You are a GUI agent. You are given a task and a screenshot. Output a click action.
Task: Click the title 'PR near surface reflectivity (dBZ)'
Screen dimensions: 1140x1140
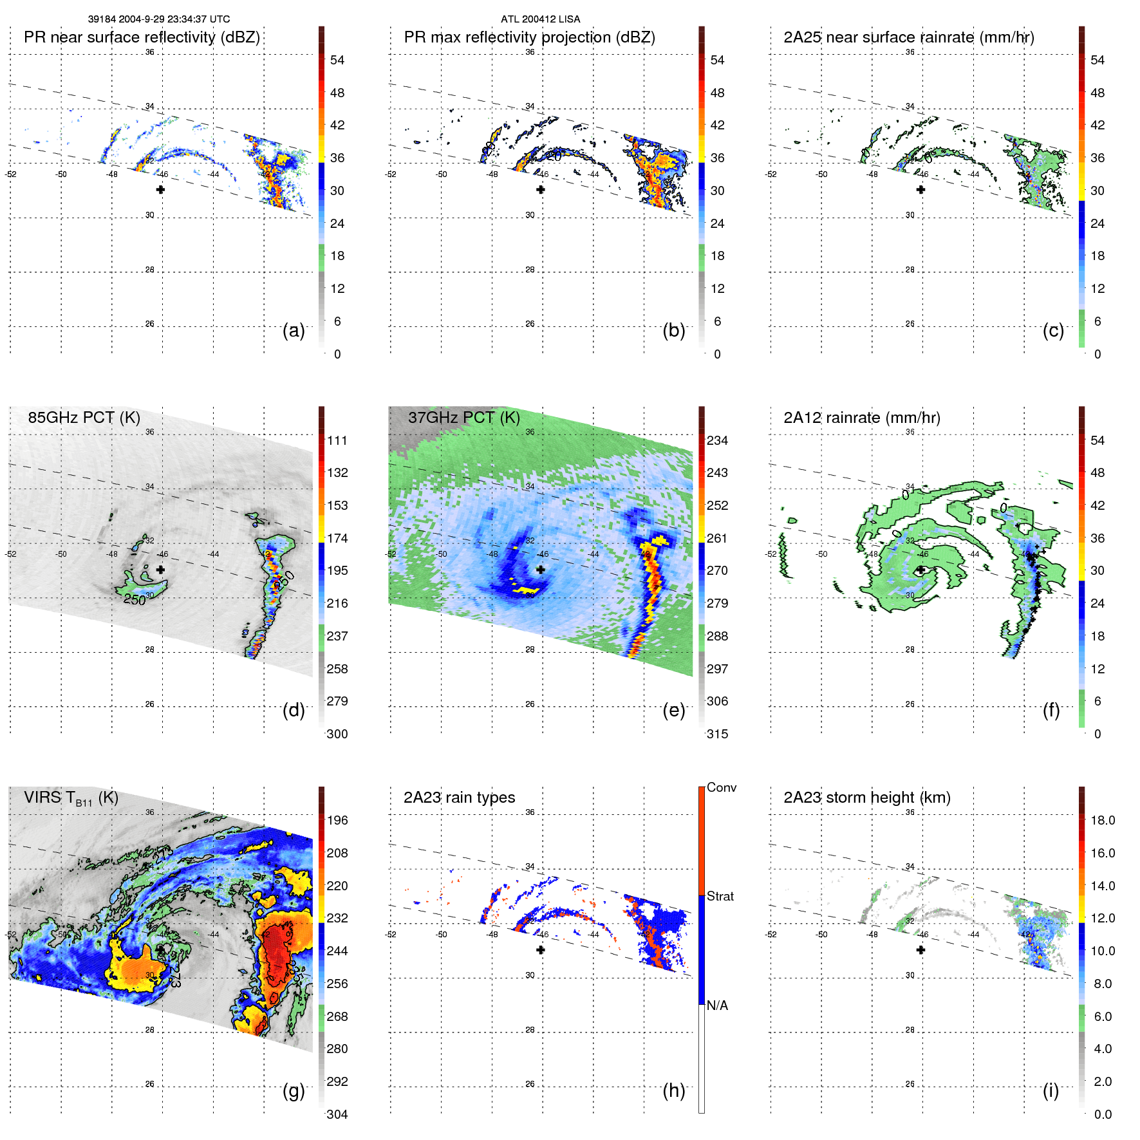[x=142, y=37]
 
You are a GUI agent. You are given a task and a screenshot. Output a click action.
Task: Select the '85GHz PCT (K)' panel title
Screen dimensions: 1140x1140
[x=84, y=418]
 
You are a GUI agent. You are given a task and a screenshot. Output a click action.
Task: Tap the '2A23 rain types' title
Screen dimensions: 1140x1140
[x=459, y=798]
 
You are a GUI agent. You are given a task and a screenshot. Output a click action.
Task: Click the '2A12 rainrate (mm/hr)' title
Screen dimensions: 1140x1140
[x=861, y=418]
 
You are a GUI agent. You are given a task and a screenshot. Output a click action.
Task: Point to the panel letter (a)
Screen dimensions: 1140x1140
[x=294, y=330]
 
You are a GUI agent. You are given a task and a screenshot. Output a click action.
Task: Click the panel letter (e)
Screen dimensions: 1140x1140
[x=673, y=710]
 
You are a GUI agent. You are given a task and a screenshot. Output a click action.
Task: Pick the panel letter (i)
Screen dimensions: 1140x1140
[x=1051, y=1090]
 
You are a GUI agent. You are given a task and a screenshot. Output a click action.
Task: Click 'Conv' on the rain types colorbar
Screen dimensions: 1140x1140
[x=721, y=787]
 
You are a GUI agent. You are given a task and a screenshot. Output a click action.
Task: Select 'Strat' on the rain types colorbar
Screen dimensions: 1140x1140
[x=720, y=896]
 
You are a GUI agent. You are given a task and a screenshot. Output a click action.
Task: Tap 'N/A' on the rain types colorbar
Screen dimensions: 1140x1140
[x=717, y=1005]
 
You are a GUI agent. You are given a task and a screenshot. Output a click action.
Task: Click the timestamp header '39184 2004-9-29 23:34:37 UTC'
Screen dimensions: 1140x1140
[x=159, y=19]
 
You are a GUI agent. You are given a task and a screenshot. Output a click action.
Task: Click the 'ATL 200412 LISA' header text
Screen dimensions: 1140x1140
[x=540, y=19]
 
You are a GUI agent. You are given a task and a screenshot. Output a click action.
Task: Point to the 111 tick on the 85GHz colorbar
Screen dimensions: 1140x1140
[x=337, y=440]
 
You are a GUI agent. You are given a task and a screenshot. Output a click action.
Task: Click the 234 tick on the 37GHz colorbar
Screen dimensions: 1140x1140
[x=717, y=440]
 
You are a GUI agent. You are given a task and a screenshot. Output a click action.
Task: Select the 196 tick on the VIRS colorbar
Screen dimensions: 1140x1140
[x=337, y=820]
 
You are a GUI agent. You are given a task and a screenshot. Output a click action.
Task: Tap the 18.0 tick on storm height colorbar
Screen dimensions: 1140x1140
[x=1102, y=820]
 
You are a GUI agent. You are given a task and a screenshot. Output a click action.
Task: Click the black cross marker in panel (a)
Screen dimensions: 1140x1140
[x=160, y=189]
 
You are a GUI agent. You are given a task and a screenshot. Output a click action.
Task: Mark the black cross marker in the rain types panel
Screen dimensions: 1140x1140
[x=541, y=949]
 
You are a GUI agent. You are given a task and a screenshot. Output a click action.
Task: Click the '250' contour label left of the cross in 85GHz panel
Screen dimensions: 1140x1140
[x=135, y=600]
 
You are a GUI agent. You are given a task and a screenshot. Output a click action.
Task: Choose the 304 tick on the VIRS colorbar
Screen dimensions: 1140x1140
[x=337, y=1114]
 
